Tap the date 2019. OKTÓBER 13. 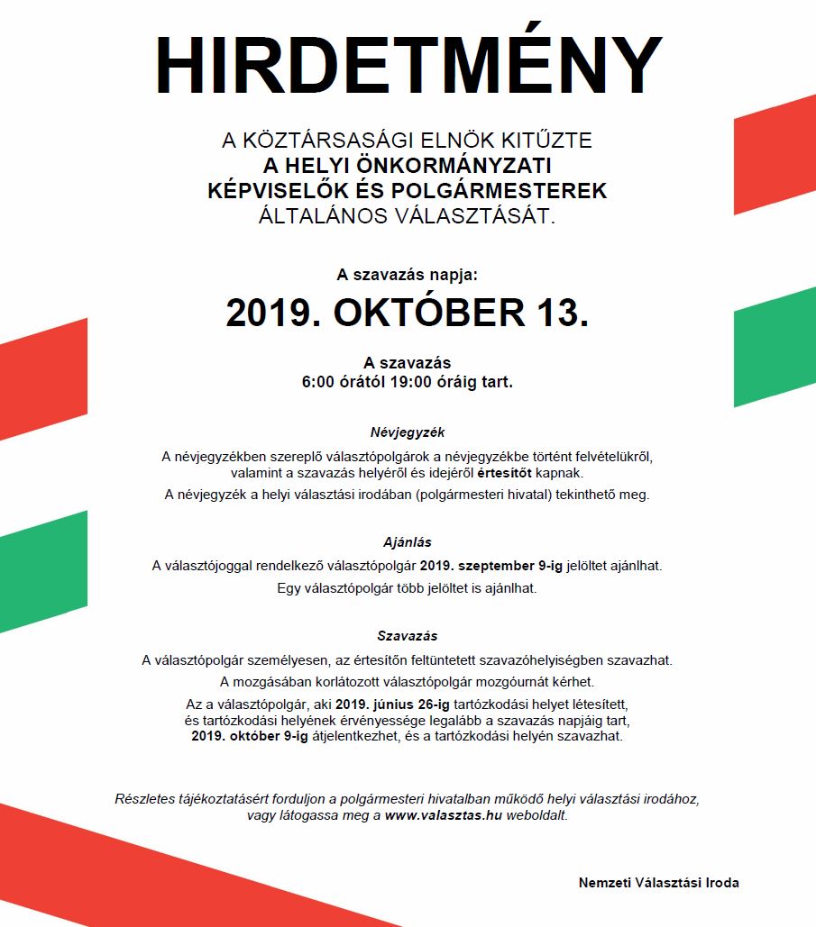coord(408,313)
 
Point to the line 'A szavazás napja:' coord(408,274)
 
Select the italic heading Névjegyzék coord(408,432)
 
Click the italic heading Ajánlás coord(408,542)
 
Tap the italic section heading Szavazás coord(408,636)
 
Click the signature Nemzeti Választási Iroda coord(658,883)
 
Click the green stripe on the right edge coord(775,347)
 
